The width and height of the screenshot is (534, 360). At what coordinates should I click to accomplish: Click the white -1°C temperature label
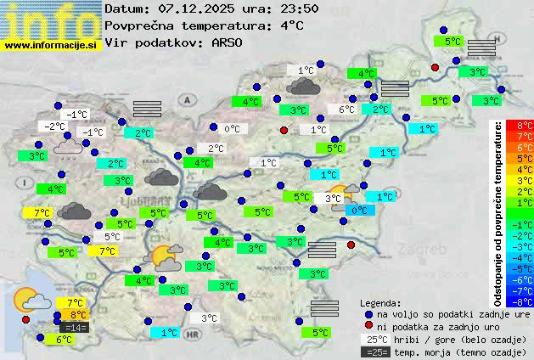pos(77,115)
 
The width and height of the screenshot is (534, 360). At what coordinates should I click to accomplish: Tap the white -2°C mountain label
pos(55,127)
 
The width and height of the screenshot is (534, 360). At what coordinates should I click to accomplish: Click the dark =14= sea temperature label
pos(74,328)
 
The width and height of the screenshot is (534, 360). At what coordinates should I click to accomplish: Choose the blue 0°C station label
pos(359,210)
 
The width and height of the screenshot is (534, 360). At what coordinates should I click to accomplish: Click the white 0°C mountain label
pos(232,129)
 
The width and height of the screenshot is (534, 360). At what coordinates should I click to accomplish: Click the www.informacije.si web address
pos(51,44)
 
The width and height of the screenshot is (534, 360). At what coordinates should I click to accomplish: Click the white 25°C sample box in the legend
pos(375,339)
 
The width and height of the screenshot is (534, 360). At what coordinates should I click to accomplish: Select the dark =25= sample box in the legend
pos(375,352)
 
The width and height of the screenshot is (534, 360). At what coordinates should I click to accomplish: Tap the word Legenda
pos(380,303)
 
